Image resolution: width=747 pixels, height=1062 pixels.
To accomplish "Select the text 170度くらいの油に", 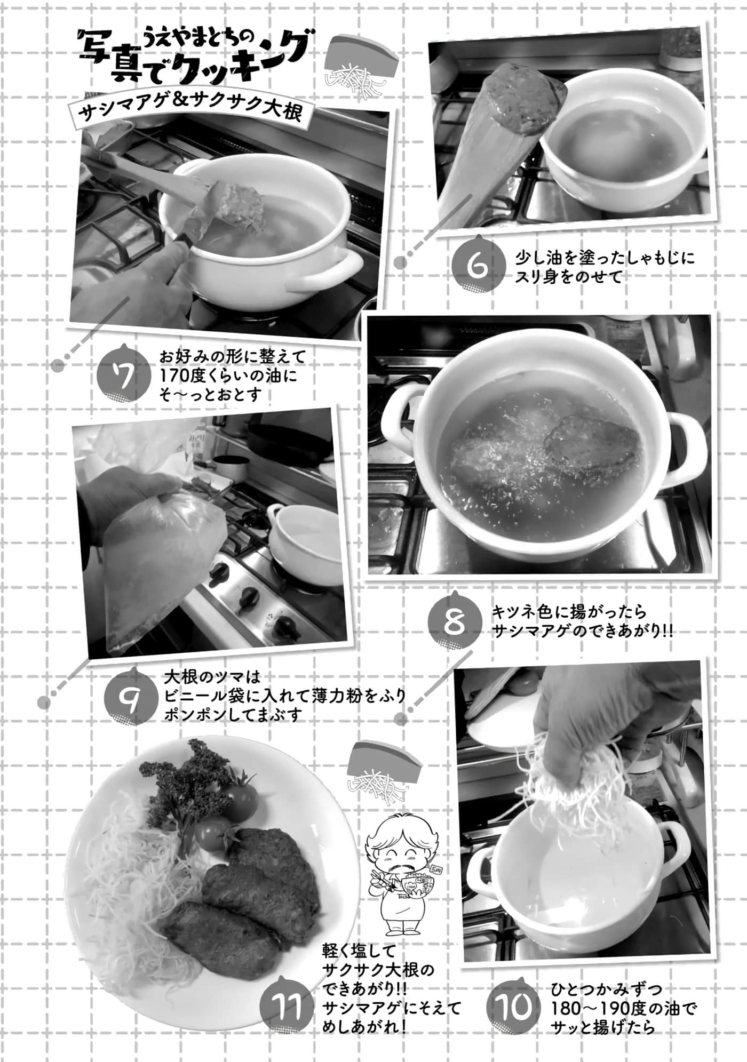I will point(227,376).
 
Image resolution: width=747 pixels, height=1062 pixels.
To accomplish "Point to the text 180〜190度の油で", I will point(624,1009).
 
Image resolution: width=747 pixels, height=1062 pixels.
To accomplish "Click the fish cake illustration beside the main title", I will point(361,63).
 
